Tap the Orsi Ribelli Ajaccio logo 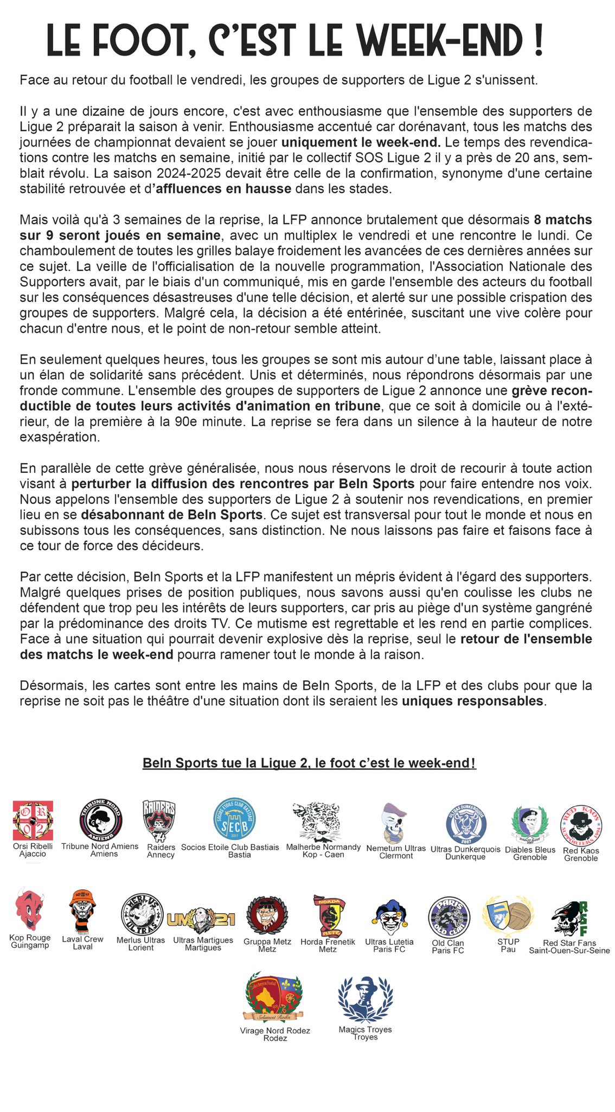tap(33, 820)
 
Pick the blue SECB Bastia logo tap(235, 820)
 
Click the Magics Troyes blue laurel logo tap(364, 1000)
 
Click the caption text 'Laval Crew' tap(82, 939)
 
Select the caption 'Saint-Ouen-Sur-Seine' tap(569, 951)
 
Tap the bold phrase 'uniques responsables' tap(472, 701)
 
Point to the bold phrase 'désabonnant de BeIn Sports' tap(172, 514)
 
